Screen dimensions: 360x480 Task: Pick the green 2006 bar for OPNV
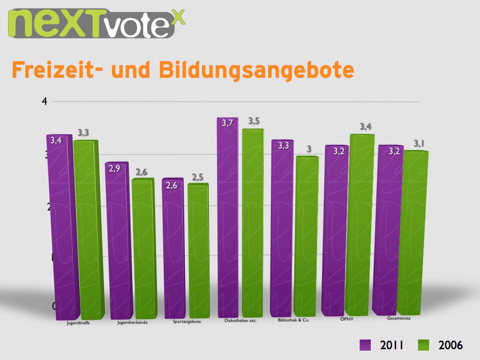360,225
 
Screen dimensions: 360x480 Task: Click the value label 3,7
228,123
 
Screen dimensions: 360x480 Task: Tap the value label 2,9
114,168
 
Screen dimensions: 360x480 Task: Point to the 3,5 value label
254,121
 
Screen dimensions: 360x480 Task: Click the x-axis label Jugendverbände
133,322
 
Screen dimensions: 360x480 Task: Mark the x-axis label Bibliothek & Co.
293,320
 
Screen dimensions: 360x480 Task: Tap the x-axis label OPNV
346,319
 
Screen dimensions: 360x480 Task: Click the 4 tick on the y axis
45,101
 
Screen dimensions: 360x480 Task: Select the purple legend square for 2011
365,345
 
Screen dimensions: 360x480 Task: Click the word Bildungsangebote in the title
256,70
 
